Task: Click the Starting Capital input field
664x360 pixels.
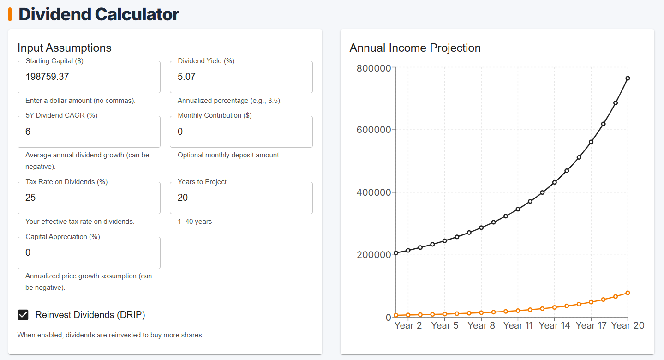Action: coord(89,77)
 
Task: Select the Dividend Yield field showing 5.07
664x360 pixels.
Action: coord(241,77)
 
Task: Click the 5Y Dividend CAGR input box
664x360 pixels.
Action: coord(89,132)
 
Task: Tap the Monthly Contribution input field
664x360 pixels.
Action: coord(241,132)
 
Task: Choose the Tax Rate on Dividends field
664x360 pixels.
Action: coord(89,198)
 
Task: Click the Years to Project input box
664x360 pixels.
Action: coord(241,198)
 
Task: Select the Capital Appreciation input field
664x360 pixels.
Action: coord(89,253)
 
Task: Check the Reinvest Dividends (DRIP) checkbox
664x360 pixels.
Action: coord(23,315)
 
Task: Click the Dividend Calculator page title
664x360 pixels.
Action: coord(99,14)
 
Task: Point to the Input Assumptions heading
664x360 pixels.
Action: coord(65,48)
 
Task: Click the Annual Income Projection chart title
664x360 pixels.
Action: coord(415,48)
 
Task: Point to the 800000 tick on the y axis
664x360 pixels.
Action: coord(374,68)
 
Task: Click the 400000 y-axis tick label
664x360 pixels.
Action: coord(374,192)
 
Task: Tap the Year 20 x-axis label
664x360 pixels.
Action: coord(628,326)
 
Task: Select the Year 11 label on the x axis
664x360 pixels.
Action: coord(518,326)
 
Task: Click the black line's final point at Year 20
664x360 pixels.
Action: coord(628,78)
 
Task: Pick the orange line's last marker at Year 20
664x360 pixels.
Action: coord(628,293)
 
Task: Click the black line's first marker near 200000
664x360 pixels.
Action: coord(396,253)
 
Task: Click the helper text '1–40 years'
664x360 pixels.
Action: coord(195,222)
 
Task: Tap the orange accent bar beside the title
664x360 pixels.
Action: coord(10,14)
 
